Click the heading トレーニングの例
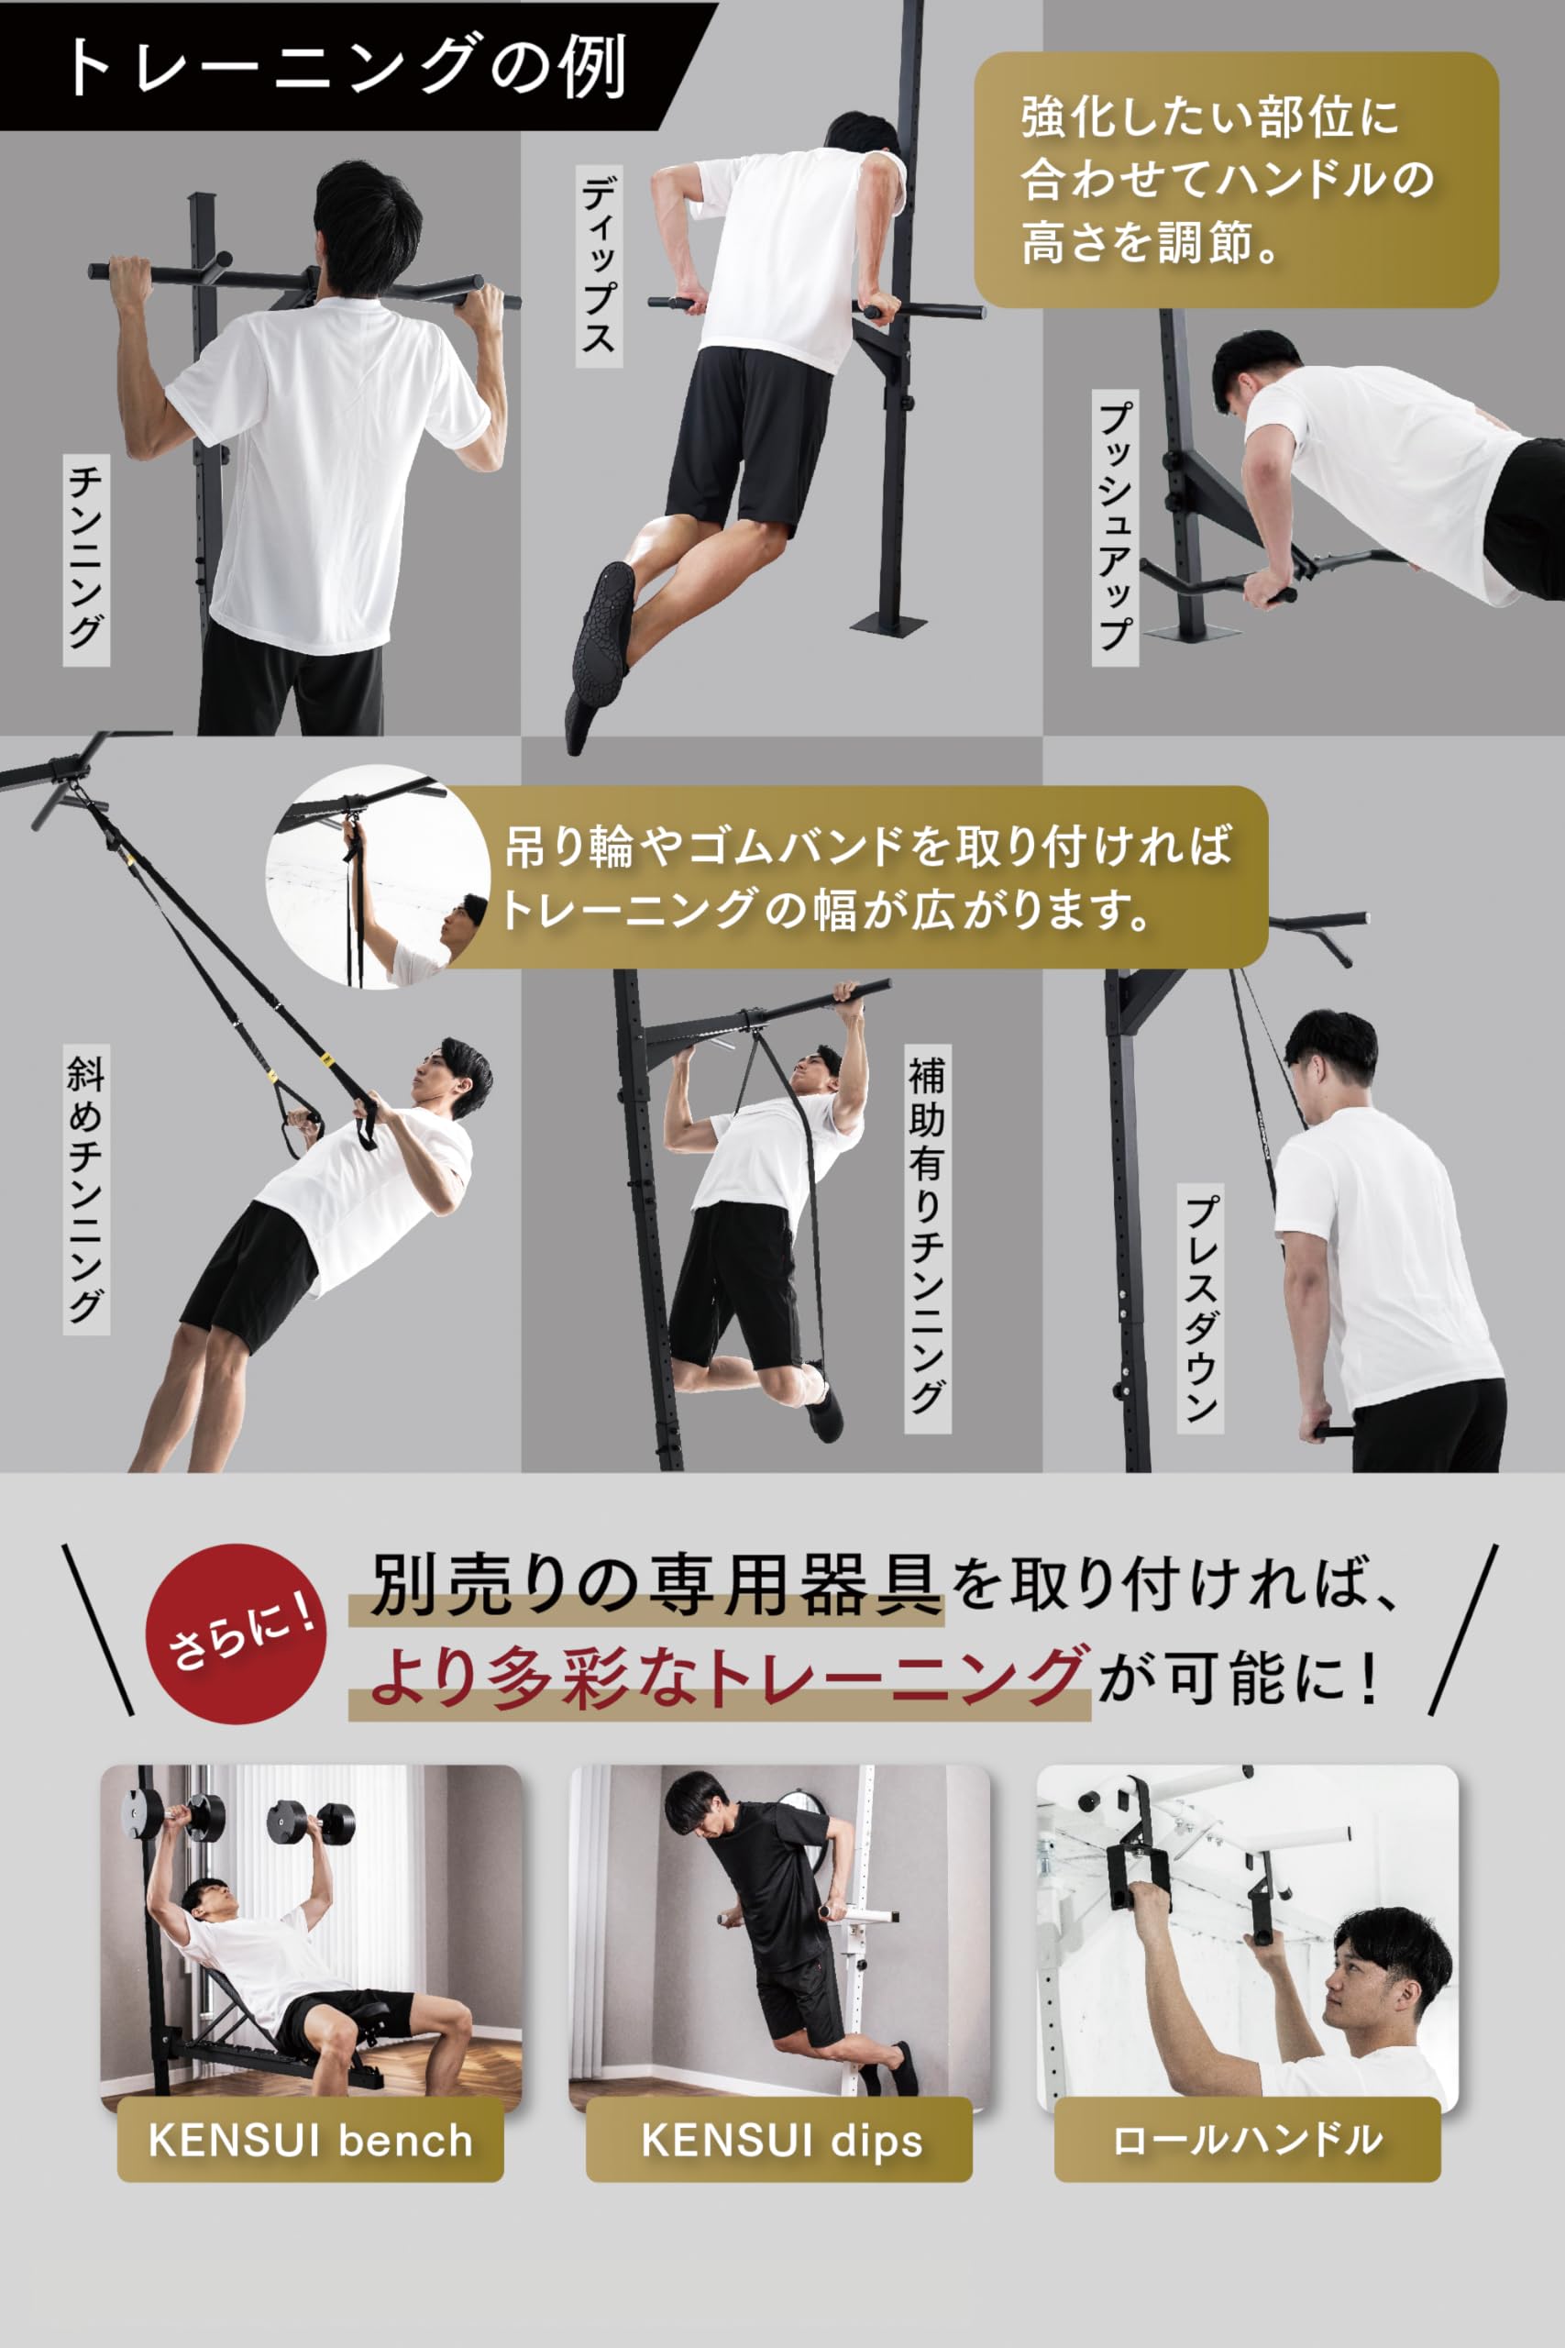[x=345, y=68]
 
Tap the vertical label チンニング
[x=87, y=560]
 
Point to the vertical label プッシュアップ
[x=1115, y=527]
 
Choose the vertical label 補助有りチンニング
[x=927, y=1239]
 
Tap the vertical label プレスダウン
[x=1200, y=1309]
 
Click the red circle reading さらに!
[x=236, y=1634]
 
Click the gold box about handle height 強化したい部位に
[x=1236, y=180]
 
